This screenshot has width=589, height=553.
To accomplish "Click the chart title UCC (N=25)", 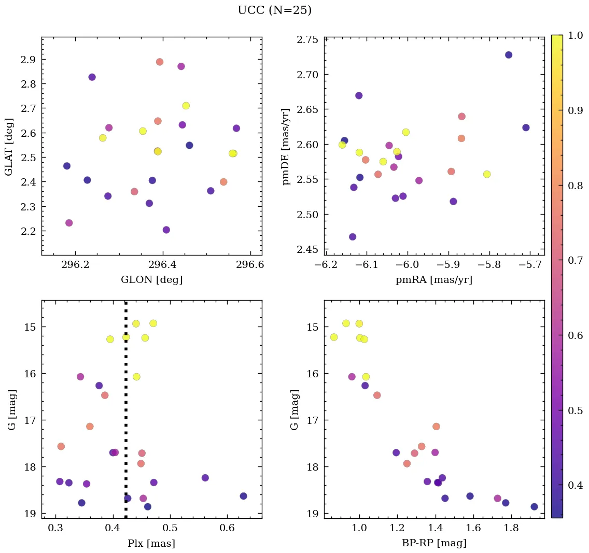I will pos(274,10).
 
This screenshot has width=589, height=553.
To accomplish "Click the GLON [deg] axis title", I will pos(151,280).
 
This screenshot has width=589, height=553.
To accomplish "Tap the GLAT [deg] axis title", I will pos(9,146).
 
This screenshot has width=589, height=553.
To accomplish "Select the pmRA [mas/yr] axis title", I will pos(434,280).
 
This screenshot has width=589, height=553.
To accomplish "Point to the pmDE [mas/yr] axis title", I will pos(286,146).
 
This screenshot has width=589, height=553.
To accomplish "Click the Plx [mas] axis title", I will pos(151,543).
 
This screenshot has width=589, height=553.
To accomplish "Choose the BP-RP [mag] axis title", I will pos(434,543).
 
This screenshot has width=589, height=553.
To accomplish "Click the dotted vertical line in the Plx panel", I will pos(126,415).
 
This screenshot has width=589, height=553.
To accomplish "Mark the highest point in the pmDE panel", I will pos(509,55).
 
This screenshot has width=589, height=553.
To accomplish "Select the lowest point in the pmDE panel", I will pos(353,237).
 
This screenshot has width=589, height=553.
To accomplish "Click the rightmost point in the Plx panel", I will pos(244,496).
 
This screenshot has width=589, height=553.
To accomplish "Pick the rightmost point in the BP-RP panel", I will pos(534,507).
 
